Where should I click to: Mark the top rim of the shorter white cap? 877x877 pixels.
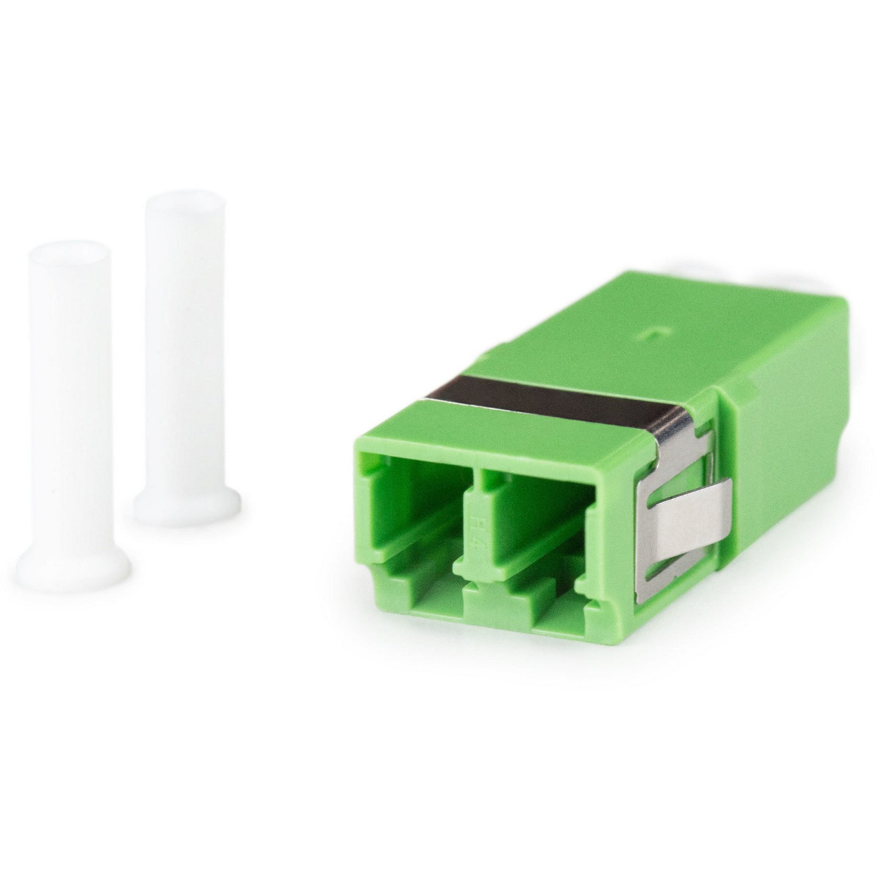pos(70,249)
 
